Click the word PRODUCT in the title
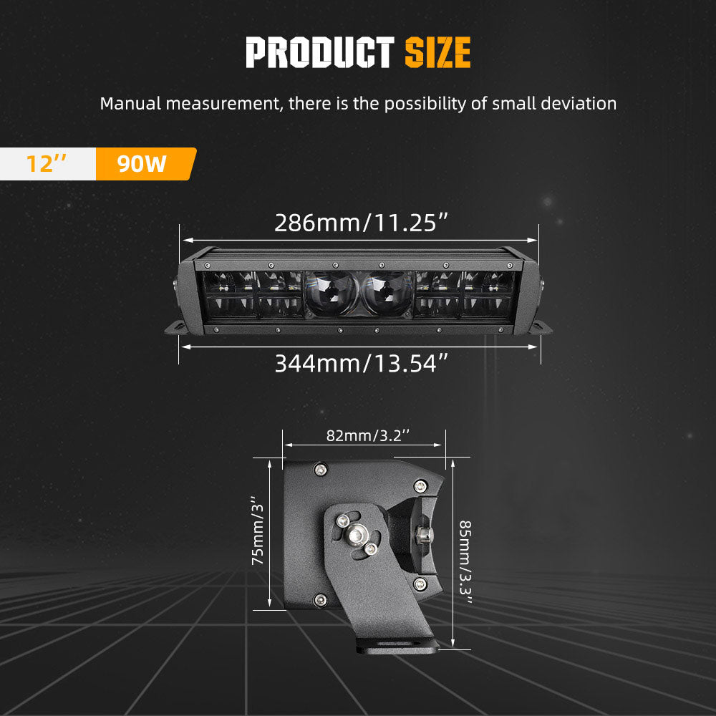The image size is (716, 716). (x=319, y=52)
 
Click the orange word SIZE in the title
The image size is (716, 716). (x=437, y=52)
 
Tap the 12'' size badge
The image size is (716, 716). (x=47, y=164)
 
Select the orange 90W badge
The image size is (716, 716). (x=143, y=164)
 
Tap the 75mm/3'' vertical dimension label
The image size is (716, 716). (x=258, y=533)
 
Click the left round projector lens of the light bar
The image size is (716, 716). (x=332, y=294)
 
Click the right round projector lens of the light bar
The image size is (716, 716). (x=387, y=294)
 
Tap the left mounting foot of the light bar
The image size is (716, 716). (x=176, y=327)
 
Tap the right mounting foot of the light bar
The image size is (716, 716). (x=541, y=327)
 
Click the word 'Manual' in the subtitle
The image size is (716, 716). (x=130, y=103)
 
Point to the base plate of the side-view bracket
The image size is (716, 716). (x=397, y=646)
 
